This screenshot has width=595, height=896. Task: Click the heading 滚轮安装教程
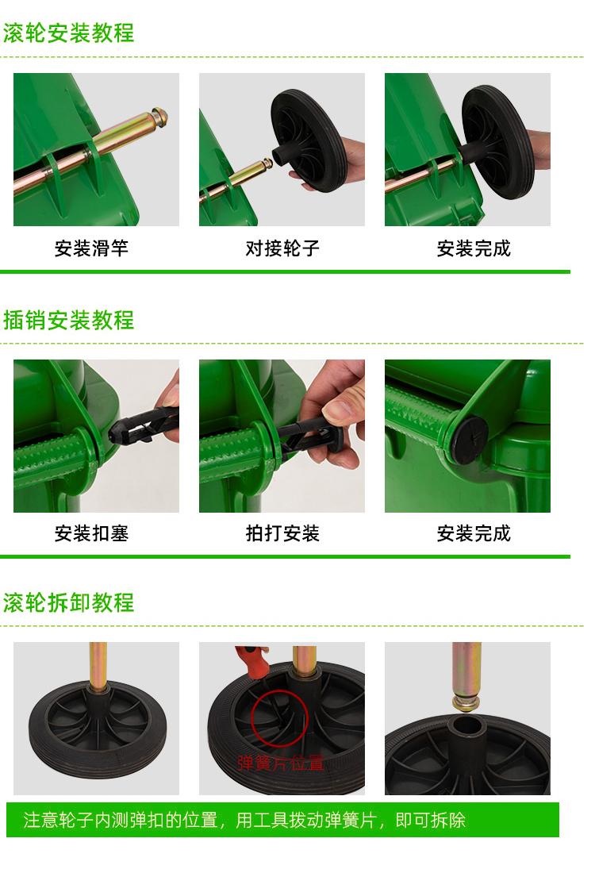(x=68, y=33)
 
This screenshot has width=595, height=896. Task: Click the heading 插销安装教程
(x=68, y=320)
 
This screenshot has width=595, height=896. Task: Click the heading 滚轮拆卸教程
(x=68, y=602)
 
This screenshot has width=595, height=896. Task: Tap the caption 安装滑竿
(x=91, y=248)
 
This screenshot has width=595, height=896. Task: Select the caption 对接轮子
(x=282, y=248)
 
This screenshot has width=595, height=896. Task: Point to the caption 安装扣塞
(x=91, y=533)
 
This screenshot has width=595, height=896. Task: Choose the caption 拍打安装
(x=282, y=533)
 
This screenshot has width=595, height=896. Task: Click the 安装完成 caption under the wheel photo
(x=474, y=248)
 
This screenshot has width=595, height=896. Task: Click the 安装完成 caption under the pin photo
(x=474, y=533)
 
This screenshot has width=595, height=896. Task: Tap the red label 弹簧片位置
(x=280, y=763)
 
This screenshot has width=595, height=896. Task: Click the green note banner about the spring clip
(x=282, y=820)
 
